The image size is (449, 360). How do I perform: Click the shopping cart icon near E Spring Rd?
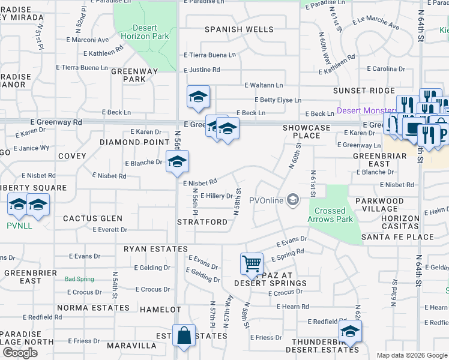251,263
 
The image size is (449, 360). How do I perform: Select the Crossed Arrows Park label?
330,215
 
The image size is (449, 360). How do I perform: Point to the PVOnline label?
266,200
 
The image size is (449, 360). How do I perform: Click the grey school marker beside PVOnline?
293,200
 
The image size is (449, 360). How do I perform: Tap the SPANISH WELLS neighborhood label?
239,29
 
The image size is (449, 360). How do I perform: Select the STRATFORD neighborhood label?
202,222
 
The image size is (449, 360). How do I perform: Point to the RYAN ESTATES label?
156,248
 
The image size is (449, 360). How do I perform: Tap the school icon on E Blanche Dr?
177,161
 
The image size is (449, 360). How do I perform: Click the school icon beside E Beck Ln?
198,97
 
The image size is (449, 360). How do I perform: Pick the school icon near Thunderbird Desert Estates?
349,331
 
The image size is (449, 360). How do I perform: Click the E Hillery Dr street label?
216,196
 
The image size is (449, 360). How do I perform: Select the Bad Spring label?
79,279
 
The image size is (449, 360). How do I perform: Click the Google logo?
20,353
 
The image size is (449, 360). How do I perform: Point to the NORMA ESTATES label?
97,308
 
